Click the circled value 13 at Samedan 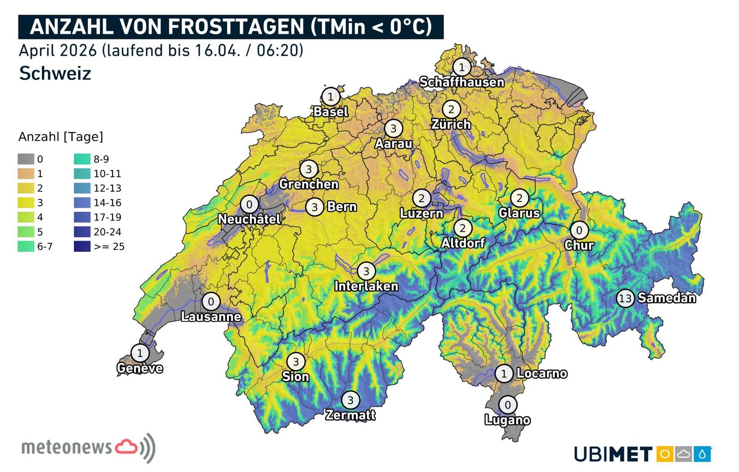tap(624, 298)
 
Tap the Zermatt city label tap(350, 415)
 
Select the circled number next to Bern tap(315, 207)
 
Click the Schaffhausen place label tap(461, 82)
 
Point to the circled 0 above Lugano tap(508, 405)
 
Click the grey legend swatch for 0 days tap(26, 159)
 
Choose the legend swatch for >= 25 tap(82, 247)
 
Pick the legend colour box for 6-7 tap(26, 247)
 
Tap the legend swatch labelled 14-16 tap(82, 203)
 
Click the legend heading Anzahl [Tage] tap(61, 137)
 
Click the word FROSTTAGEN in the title tap(236, 27)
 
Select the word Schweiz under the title tap(55, 74)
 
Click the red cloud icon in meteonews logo tap(126, 447)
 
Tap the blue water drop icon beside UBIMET tap(702, 454)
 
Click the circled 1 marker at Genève tap(140, 353)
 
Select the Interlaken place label tap(366, 286)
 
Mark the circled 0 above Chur tap(579, 230)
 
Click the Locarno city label tap(542, 373)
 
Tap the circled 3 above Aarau tap(394, 128)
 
